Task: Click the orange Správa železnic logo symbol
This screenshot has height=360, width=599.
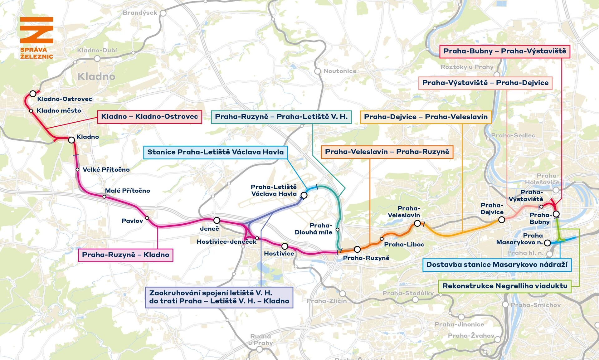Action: (37, 30)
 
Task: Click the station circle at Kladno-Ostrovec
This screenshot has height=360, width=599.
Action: (33, 94)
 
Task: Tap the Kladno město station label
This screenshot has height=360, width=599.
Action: (59, 111)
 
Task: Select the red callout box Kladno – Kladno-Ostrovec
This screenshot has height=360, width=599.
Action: (149, 117)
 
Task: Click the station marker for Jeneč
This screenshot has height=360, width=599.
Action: (217, 221)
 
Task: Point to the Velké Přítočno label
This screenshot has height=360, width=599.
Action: (106, 170)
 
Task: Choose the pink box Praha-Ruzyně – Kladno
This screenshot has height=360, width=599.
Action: (125, 255)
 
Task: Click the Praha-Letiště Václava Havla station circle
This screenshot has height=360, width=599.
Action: (304, 195)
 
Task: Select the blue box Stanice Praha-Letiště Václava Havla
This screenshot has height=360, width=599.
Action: (215, 152)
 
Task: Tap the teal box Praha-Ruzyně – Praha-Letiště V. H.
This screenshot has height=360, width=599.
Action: (281, 117)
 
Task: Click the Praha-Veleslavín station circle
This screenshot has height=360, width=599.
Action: (417, 223)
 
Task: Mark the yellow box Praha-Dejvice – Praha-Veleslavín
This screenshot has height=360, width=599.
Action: (426, 117)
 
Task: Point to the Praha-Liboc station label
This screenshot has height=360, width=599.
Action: (404, 245)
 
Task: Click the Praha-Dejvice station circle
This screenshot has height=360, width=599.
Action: (501, 220)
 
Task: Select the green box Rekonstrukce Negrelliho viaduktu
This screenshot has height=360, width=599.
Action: (504, 286)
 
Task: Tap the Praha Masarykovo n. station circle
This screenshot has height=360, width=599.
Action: (547, 243)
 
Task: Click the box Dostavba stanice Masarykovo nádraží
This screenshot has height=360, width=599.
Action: (497, 265)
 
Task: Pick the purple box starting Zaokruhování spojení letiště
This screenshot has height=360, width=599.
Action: (219, 297)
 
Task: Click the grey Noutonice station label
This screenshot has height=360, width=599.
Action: (339, 71)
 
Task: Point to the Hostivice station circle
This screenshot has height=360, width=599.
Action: (285, 246)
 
